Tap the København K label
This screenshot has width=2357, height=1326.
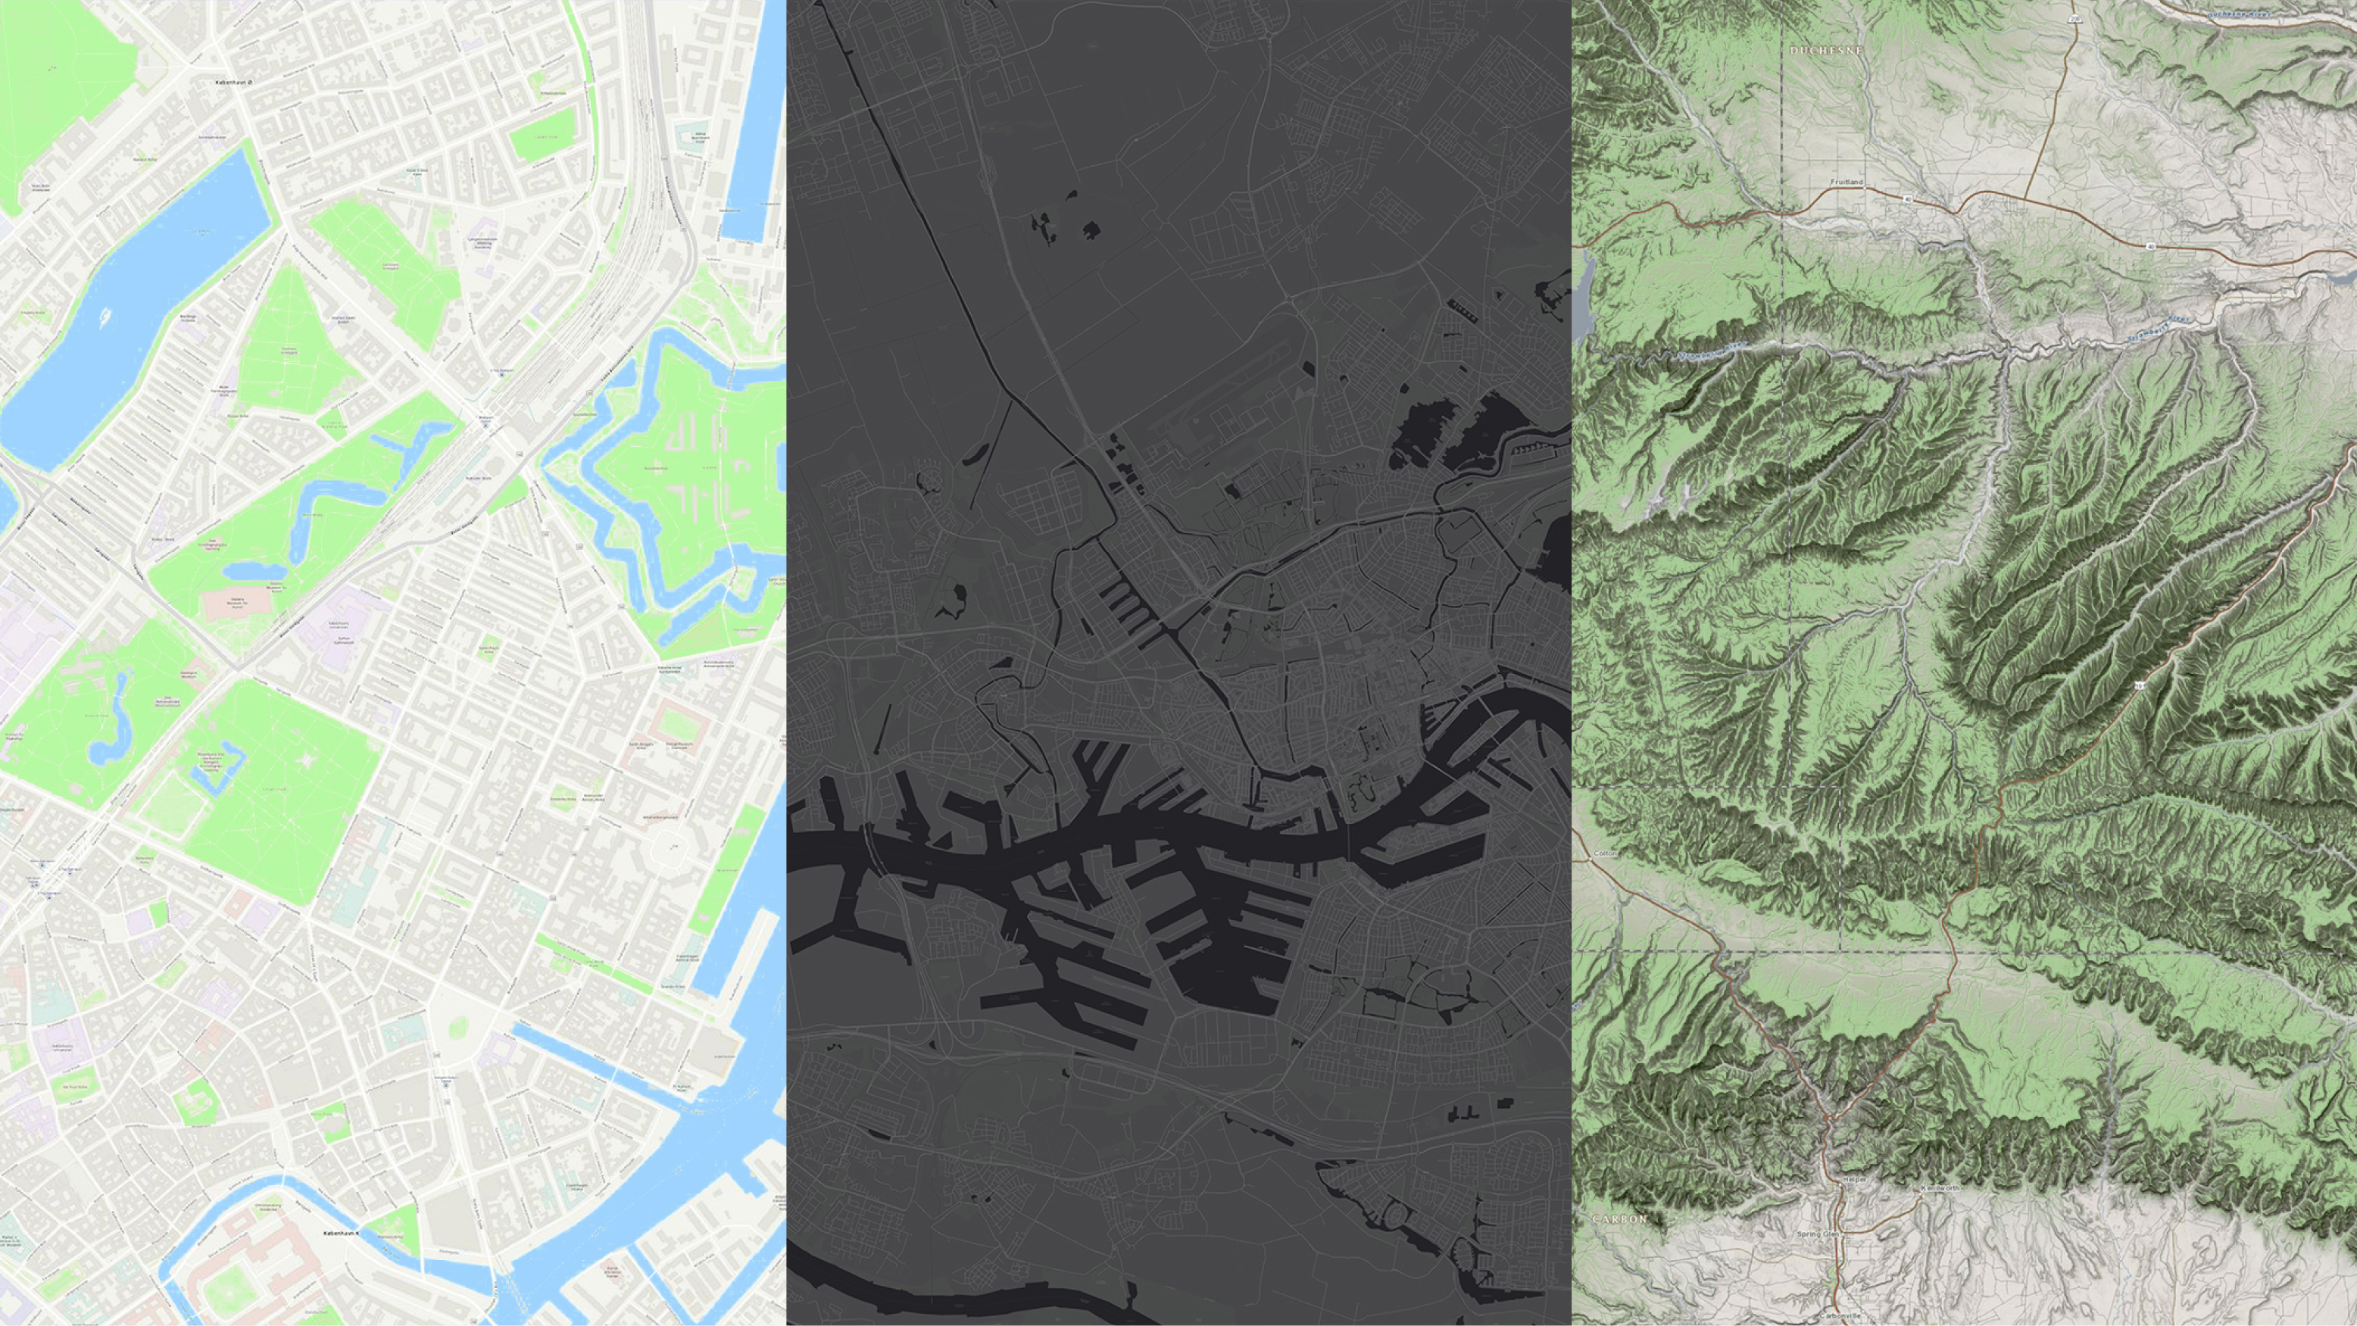pyautogui.click(x=343, y=1234)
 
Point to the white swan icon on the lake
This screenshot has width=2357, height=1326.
pyautogui.click(x=106, y=317)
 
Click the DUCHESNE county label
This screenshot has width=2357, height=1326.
pyautogui.click(x=1826, y=50)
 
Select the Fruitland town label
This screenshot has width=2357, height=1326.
pyautogui.click(x=1847, y=182)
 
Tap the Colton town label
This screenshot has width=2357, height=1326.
pyautogui.click(x=1606, y=853)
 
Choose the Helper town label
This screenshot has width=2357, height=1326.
pyautogui.click(x=1855, y=1181)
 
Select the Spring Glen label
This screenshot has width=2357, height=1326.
pyautogui.click(x=1817, y=1234)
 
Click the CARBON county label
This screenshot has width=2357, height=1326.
pyautogui.click(x=1619, y=1219)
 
